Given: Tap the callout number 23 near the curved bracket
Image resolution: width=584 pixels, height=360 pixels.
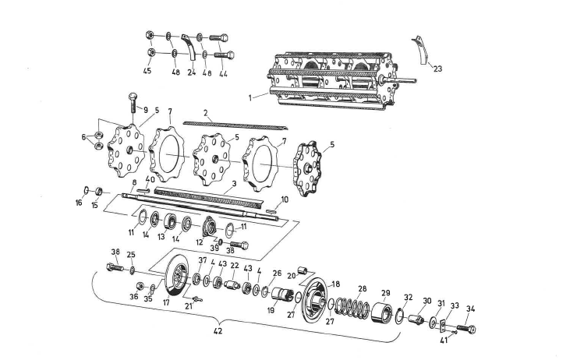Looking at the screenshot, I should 437,69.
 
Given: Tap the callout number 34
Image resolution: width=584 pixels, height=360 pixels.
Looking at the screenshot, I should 470,309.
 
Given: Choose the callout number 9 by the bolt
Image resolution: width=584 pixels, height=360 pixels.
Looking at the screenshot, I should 144,110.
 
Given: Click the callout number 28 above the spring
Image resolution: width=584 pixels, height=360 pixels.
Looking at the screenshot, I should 361,288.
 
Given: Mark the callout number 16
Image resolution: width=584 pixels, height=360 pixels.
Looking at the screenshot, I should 79,203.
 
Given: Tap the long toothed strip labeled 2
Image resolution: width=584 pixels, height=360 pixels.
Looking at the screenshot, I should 234,124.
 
